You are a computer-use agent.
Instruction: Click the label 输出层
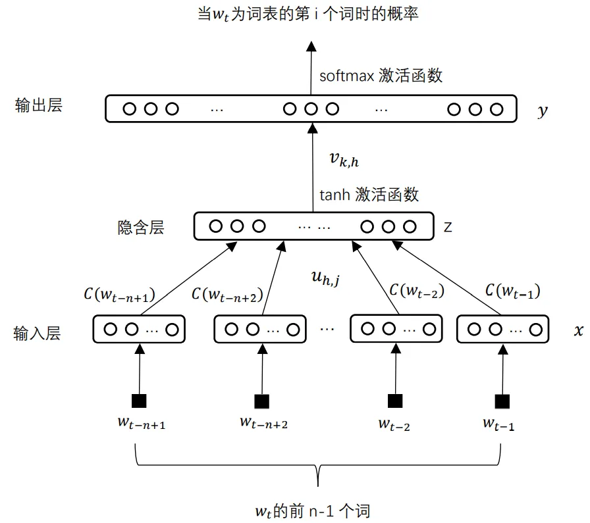(x=39, y=106)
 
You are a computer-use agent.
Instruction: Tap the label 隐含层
(x=140, y=228)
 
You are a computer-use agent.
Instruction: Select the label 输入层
(x=37, y=334)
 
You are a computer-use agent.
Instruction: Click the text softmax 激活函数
(x=381, y=75)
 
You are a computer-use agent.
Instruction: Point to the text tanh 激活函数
(x=369, y=195)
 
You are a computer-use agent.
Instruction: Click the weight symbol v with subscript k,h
(x=343, y=159)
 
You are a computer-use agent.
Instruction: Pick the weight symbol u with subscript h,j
(x=326, y=279)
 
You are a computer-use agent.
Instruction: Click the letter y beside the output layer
(x=542, y=111)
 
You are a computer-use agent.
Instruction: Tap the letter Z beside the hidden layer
(x=448, y=228)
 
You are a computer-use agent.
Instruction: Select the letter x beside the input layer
(x=578, y=331)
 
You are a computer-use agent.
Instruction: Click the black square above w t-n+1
(x=139, y=401)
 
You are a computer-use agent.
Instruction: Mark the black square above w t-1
(x=502, y=401)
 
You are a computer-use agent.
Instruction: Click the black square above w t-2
(x=394, y=401)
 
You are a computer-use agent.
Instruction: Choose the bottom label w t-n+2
(x=263, y=422)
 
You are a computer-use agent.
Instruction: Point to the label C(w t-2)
(x=417, y=290)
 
